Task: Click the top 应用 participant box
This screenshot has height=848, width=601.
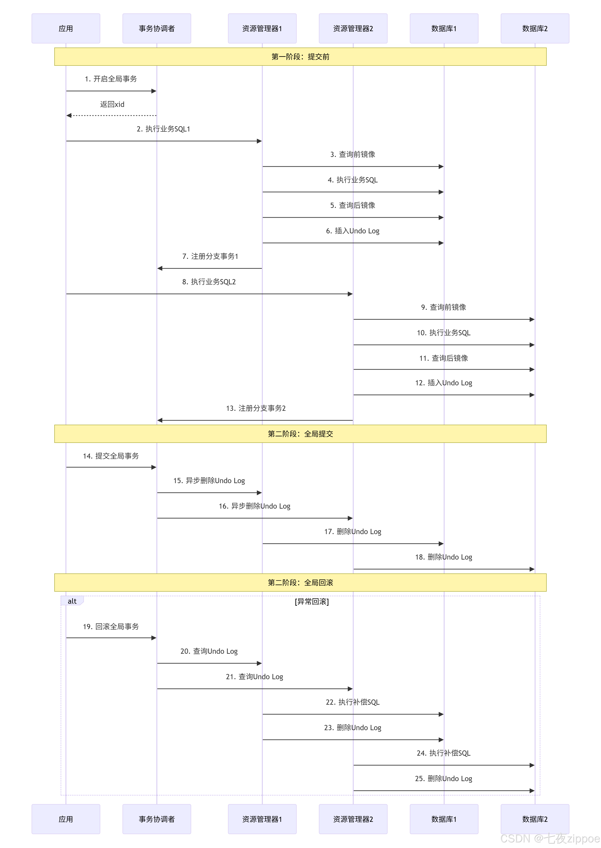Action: point(66,28)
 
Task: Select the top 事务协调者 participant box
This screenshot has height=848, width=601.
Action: point(157,28)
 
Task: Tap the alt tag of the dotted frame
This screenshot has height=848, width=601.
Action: point(72,601)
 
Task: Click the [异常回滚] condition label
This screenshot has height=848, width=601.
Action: point(312,601)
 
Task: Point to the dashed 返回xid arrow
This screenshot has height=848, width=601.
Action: point(111,116)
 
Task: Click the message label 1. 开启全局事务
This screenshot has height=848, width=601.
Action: point(111,79)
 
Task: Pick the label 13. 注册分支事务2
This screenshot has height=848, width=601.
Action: point(256,408)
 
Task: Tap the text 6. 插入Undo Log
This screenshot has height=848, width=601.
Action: point(353,231)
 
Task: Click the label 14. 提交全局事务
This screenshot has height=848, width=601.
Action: point(111,456)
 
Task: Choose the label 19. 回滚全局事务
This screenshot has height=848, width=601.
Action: point(111,626)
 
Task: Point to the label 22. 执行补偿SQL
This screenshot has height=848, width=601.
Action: point(353,702)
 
